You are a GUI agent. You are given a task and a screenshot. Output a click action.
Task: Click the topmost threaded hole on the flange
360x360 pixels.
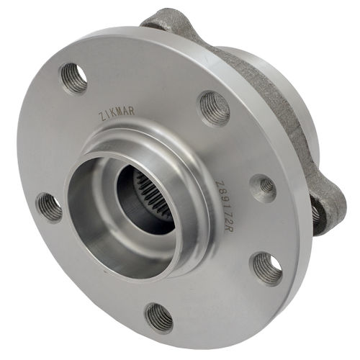point(73,77)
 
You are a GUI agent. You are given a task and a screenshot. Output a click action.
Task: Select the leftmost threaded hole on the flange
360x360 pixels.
point(49,207)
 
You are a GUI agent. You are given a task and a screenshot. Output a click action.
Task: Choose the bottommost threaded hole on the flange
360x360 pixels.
point(158,317)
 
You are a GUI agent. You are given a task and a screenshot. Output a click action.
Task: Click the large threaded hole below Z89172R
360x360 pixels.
point(266,268)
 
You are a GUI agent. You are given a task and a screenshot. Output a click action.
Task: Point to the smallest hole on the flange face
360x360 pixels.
point(264,187)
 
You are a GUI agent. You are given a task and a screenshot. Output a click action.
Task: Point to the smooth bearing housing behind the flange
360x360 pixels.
point(288,94)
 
